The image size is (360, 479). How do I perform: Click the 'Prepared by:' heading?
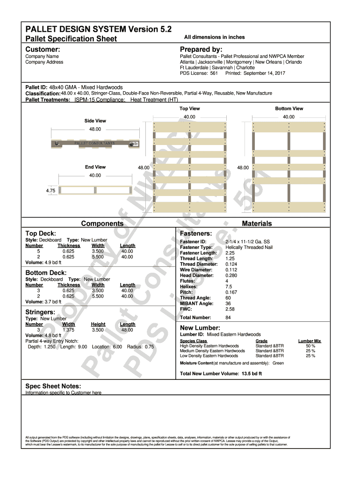[201, 50]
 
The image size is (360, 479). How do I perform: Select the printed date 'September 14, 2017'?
[264, 73]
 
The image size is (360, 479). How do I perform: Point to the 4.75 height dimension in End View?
[51, 190]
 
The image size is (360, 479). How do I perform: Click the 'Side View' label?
[95, 121]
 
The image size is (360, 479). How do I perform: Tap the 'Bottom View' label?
[289, 109]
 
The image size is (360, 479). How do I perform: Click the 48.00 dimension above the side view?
[95, 129]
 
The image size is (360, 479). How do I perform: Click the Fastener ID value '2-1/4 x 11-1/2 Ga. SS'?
[247, 242]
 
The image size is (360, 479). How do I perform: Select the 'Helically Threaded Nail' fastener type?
[249, 247]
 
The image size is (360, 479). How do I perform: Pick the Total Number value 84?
[228, 318]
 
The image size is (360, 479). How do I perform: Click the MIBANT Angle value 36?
[228, 304]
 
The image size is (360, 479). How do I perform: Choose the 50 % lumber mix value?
[310, 346]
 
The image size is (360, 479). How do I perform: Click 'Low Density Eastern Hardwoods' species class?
[209, 356]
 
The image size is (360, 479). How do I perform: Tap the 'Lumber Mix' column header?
[310, 341]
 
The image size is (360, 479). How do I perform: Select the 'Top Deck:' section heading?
[41, 233]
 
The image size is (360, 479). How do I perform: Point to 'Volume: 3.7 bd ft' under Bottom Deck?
[43, 302]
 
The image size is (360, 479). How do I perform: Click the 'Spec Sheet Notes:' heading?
[53, 386]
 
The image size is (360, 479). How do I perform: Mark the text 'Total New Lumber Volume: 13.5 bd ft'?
[221, 374]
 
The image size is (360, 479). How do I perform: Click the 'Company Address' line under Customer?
[44, 62]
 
